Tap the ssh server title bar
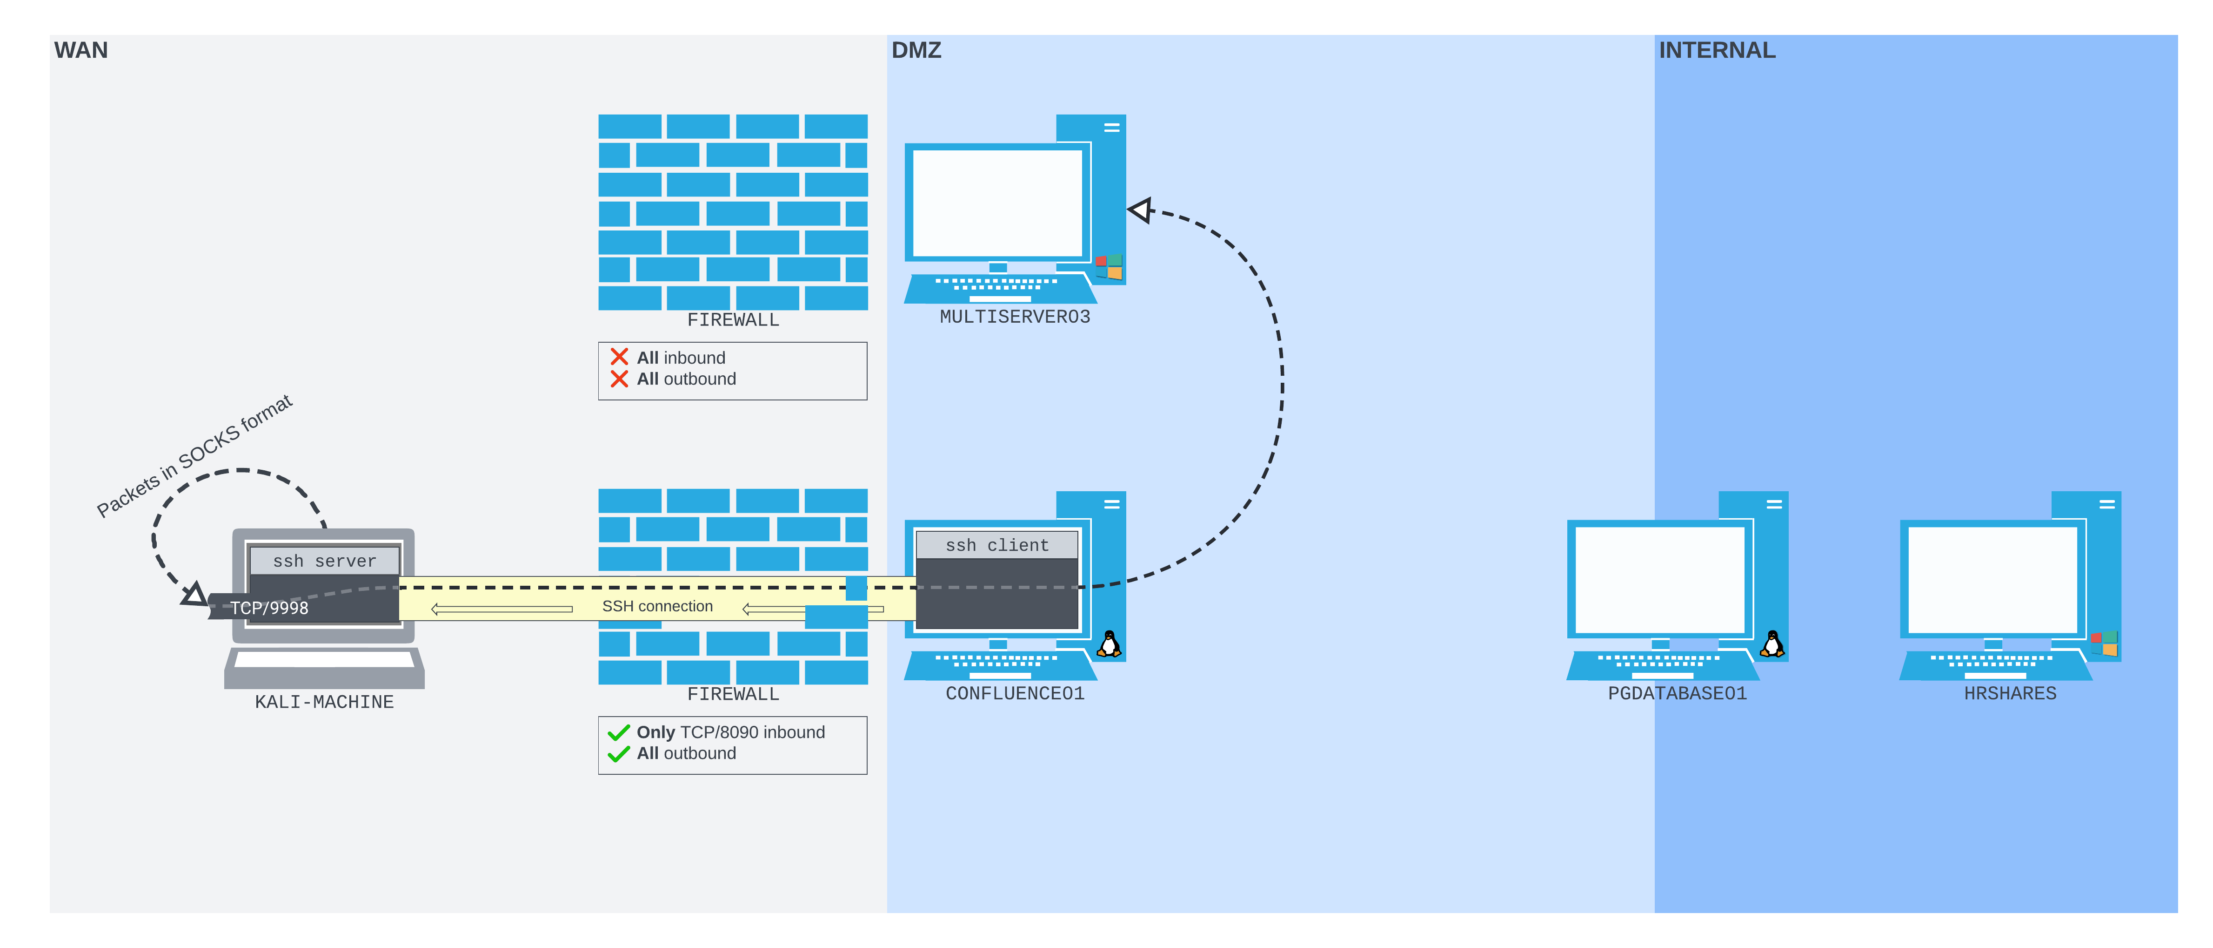click(324, 561)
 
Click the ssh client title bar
click(996, 545)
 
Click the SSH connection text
click(657, 606)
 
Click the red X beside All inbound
click(619, 357)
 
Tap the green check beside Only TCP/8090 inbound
click(619, 732)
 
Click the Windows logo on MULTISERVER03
click(1109, 266)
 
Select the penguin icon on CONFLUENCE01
click(1109, 644)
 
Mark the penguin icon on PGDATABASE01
click(1772, 644)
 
